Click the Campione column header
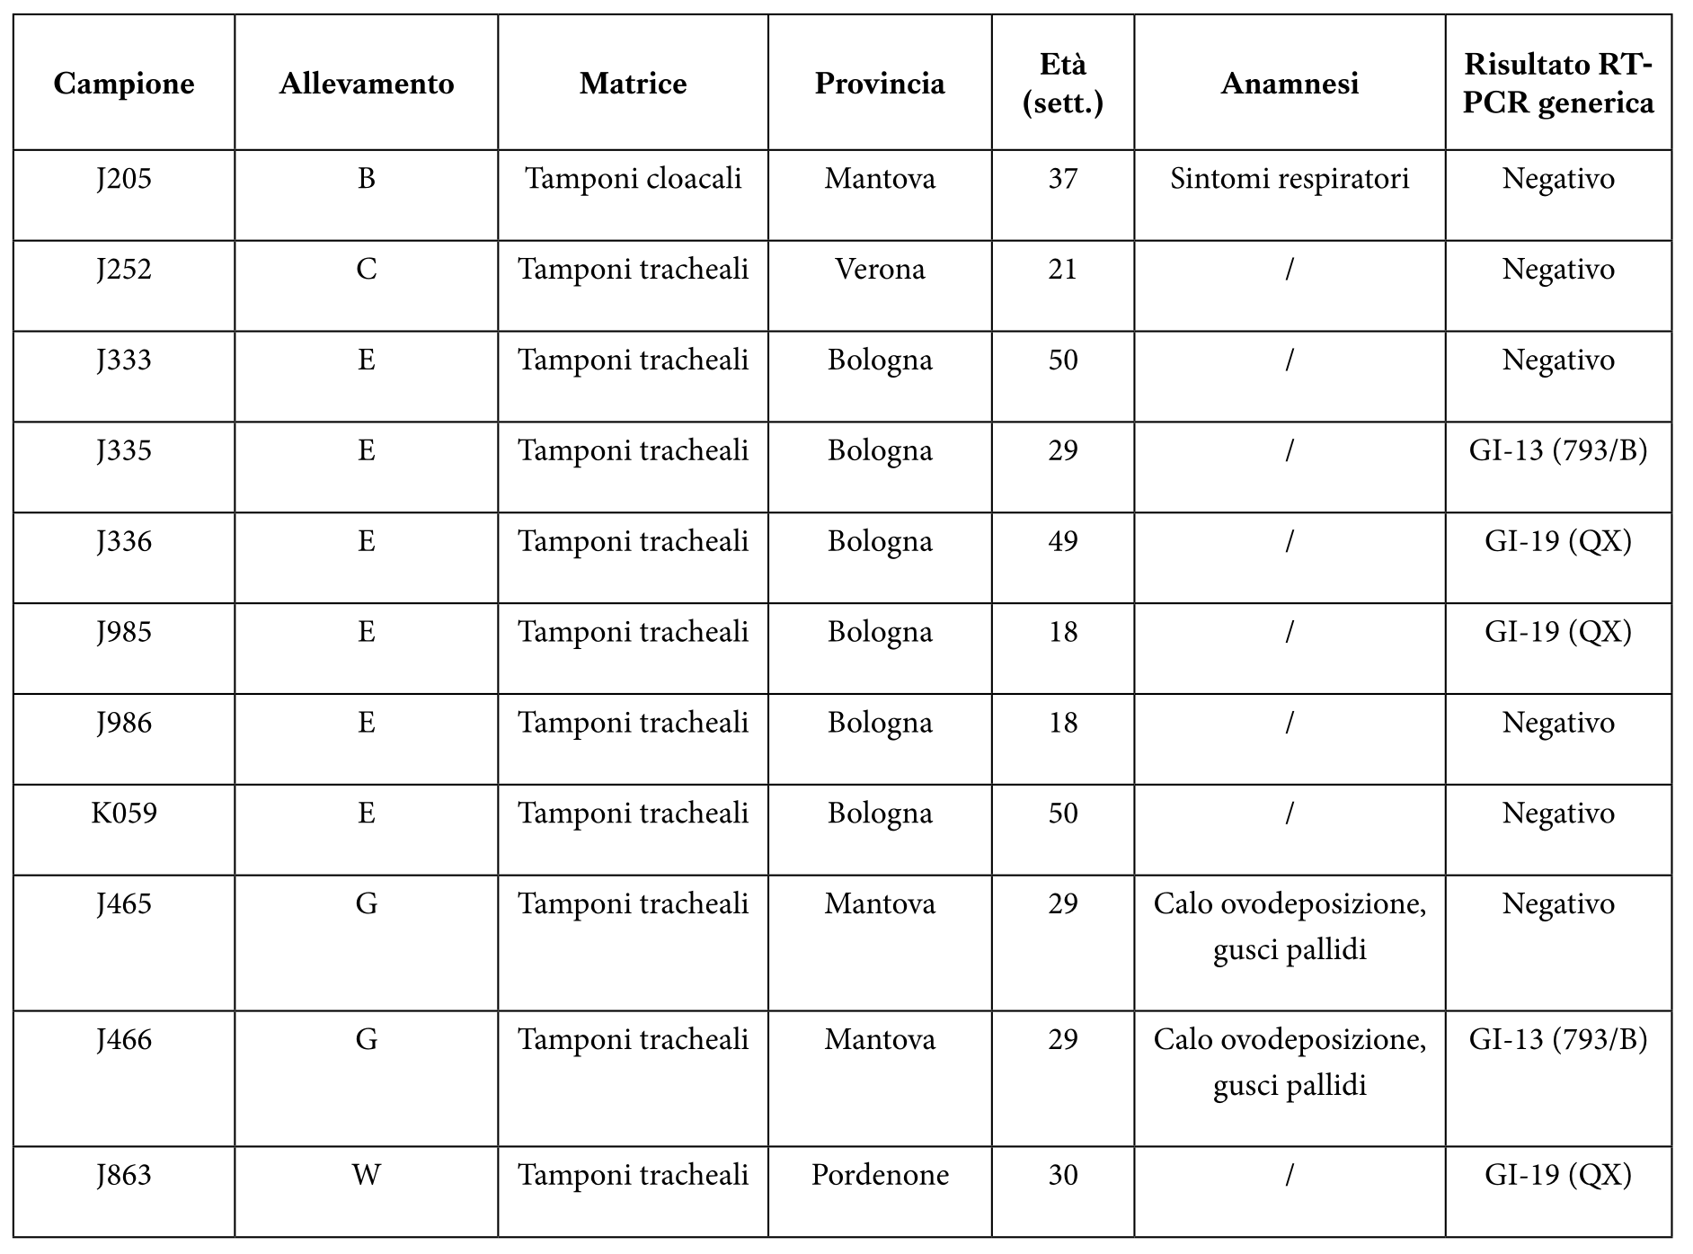click(124, 84)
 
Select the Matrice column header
click(633, 84)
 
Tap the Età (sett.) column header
click(1062, 84)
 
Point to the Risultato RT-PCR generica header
click(1557, 84)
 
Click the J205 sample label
click(124, 179)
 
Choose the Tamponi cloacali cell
click(633, 179)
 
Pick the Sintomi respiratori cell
click(1289, 179)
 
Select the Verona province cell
click(880, 270)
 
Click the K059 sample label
click(124, 814)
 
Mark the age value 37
click(1062, 179)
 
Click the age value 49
click(1062, 542)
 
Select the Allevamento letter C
click(366, 270)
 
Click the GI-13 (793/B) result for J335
click(1557, 451)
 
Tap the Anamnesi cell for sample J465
click(1289, 926)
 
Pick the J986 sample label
click(124, 723)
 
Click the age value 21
click(1062, 270)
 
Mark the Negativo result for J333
click(1557, 360)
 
